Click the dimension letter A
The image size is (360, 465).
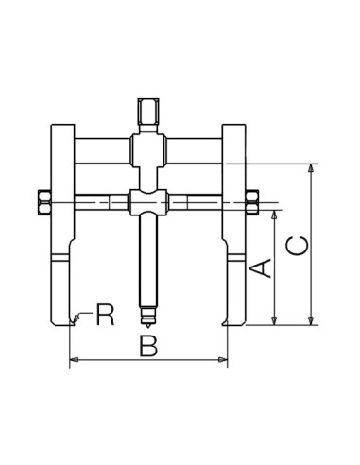pyautogui.click(x=261, y=268)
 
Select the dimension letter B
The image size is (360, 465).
pyautogui.click(x=148, y=346)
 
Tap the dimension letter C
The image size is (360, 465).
pyautogui.click(x=297, y=245)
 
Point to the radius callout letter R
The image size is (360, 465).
pyautogui.click(x=105, y=315)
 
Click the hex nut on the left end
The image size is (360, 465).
pyautogui.click(x=44, y=202)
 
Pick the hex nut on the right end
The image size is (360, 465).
pyautogui.click(x=252, y=202)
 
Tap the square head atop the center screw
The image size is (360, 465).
pyautogui.click(x=148, y=112)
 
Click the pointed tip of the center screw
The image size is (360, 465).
pyautogui.click(x=148, y=326)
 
